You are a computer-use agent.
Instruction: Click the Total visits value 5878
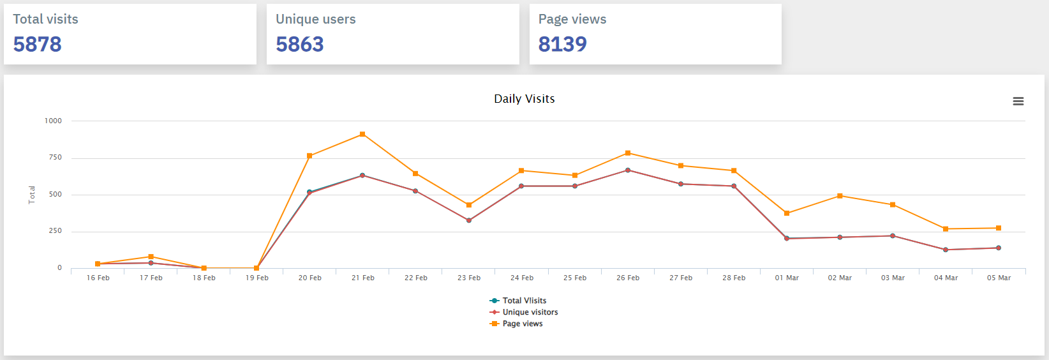(37, 44)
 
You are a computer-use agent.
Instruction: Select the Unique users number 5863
(300, 44)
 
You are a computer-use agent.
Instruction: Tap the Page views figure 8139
(562, 44)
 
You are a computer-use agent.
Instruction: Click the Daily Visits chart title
(524, 99)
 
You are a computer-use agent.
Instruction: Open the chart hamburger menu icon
(1018, 101)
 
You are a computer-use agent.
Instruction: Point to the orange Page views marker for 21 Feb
(362, 134)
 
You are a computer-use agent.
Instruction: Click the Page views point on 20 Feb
(309, 156)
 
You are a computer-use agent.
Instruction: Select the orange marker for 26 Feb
(628, 153)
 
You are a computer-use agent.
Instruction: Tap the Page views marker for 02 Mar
(840, 196)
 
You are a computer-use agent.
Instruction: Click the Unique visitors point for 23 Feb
(469, 220)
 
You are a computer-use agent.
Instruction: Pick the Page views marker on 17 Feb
(151, 257)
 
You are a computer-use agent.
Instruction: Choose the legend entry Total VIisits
(524, 301)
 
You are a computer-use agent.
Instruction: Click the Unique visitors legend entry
(530, 312)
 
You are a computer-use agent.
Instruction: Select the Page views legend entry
(522, 324)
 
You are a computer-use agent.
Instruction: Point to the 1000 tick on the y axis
(53, 121)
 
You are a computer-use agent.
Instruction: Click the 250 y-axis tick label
(56, 231)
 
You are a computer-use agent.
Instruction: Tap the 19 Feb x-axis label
(257, 278)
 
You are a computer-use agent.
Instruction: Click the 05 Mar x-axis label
(999, 278)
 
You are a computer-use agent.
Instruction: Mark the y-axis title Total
(32, 195)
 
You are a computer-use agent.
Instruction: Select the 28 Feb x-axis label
(734, 278)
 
